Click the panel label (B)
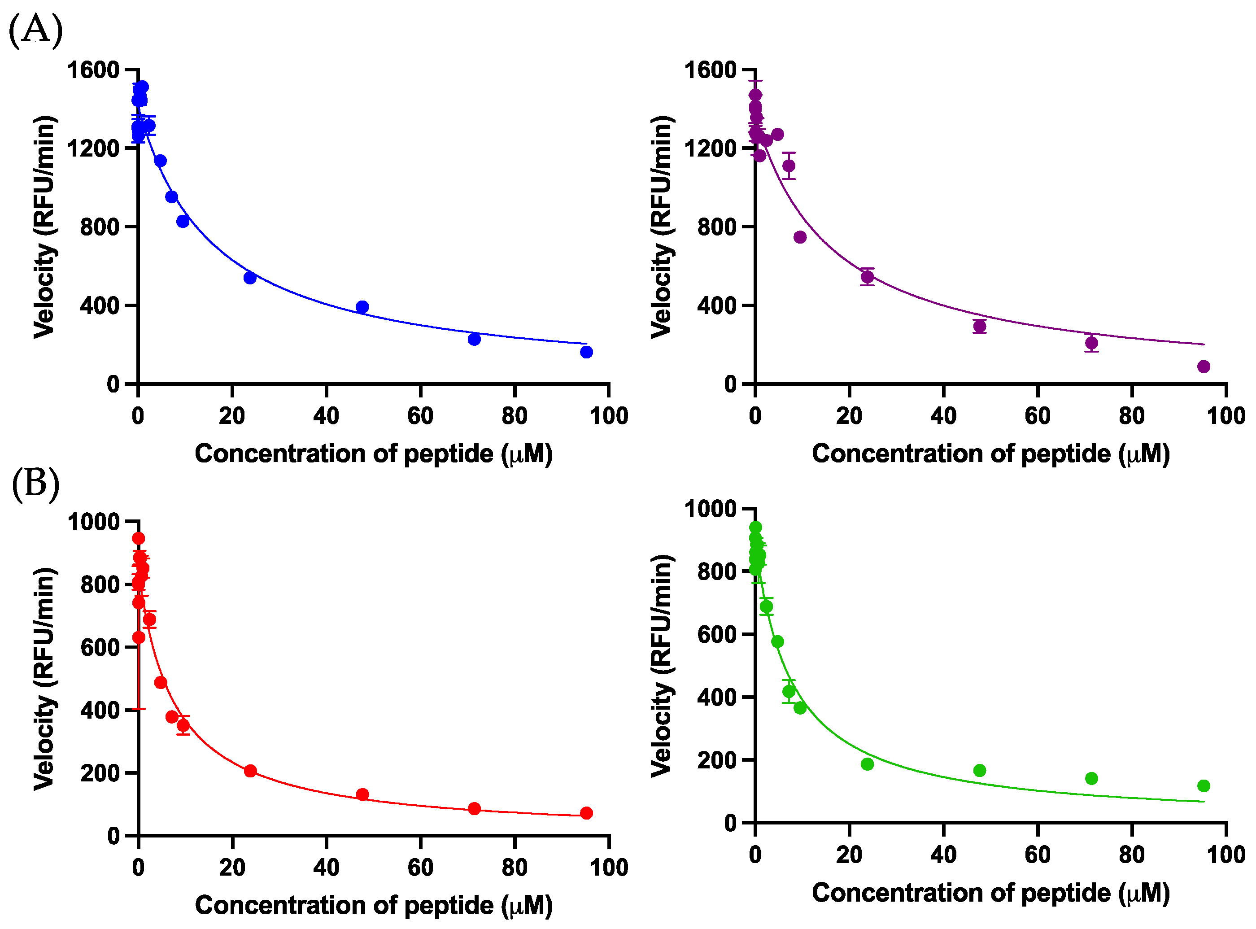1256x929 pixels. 35,484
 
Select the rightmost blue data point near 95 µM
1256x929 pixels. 586,352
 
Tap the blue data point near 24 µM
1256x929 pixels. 250,277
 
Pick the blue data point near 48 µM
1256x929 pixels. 362,307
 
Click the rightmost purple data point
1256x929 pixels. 1204,366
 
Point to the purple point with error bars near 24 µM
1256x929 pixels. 868,277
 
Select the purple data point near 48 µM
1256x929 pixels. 979,326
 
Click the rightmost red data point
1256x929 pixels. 586,813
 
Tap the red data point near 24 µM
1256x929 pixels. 250,771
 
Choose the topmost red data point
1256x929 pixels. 138,538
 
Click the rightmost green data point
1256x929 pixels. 1204,785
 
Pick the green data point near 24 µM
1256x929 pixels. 868,764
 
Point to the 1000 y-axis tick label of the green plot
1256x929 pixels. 711,509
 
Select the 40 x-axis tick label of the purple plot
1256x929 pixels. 943,416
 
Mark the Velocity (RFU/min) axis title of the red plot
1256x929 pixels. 44,679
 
